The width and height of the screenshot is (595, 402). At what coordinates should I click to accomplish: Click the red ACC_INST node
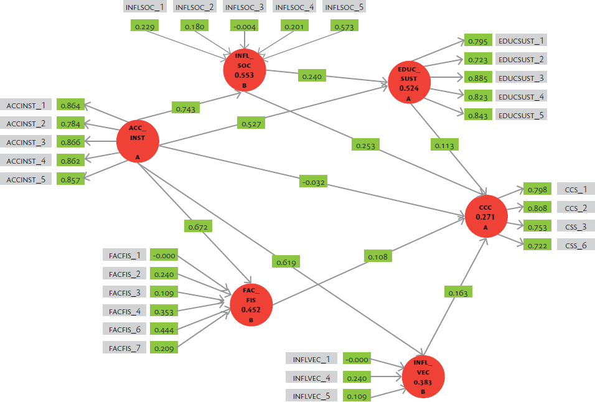tap(138, 141)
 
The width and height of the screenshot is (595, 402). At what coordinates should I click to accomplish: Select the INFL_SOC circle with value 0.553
tap(245, 70)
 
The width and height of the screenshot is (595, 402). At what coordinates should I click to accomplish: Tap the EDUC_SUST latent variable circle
tap(409, 82)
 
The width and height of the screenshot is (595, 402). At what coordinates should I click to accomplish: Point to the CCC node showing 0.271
tap(486, 216)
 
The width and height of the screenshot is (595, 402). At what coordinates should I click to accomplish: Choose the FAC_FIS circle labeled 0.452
tap(251, 304)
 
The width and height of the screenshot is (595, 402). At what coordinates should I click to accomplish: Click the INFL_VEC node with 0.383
tap(423, 376)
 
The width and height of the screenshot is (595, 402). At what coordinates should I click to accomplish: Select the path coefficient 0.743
tap(185, 108)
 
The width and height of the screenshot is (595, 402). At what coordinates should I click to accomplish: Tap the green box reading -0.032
tap(314, 182)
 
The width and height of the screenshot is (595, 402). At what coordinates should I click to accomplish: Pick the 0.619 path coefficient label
tap(286, 262)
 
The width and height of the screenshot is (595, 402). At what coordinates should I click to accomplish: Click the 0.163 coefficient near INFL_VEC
tap(458, 292)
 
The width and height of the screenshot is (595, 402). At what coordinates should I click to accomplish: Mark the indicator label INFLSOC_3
tap(245, 7)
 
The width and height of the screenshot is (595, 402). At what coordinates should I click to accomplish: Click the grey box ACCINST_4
tap(26, 161)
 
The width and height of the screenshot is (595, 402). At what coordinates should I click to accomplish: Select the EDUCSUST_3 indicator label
tap(521, 78)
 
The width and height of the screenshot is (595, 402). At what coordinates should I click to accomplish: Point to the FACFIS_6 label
tap(124, 329)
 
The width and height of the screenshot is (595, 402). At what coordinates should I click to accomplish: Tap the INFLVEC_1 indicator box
tap(312, 359)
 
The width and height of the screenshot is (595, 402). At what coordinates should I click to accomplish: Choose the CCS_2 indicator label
tap(576, 207)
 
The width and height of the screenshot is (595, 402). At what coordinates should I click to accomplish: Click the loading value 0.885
tap(478, 78)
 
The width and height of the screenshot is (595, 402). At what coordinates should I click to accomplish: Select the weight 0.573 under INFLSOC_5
tap(344, 26)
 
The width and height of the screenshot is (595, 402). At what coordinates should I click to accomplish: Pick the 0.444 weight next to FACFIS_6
tap(164, 329)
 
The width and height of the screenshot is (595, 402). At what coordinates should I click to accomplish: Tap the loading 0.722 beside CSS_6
tap(537, 245)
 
